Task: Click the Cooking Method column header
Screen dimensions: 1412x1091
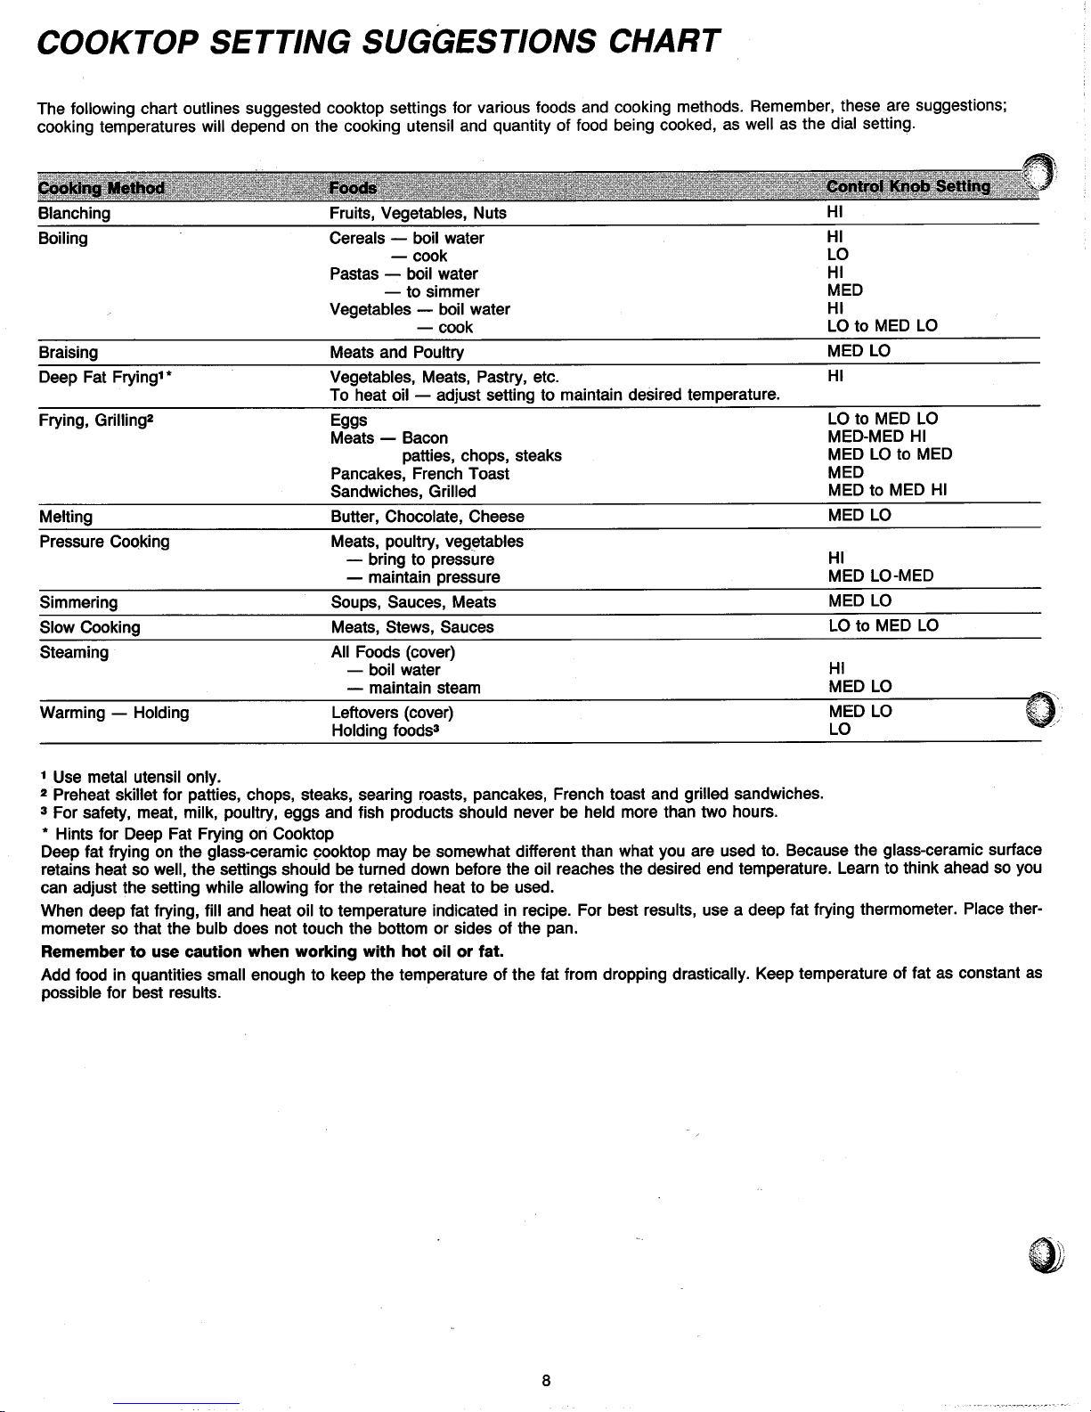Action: [x=102, y=188]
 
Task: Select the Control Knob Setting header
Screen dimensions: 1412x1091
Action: [x=908, y=187]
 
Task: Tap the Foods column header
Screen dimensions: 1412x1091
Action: [x=353, y=188]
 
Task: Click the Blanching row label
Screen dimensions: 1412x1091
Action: [x=74, y=214]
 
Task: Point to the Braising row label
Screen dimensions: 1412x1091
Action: [x=69, y=352]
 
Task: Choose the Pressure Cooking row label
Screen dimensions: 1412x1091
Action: [x=104, y=542]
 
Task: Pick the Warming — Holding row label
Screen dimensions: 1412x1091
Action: [x=114, y=713]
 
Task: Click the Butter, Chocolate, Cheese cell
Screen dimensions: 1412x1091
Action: [x=427, y=517]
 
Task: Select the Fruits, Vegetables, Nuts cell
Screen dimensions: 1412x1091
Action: [x=418, y=214]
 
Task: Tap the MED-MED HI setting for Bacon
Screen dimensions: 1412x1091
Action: [x=877, y=437]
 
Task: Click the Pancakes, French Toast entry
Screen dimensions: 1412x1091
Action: [x=419, y=474]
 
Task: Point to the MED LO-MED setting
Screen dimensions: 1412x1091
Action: [x=880, y=576]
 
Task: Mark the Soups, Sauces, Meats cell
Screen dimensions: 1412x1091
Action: [x=413, y=602]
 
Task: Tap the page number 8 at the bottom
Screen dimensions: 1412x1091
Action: [x=546, y=1381]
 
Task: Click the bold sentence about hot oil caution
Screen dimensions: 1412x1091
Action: [x=273, y=951]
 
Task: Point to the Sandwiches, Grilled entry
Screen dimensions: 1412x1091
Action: [x=403, y=492]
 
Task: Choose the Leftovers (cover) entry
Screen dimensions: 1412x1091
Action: [x=392, y=713]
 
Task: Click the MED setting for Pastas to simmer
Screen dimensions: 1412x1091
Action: [x=844, y=290]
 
